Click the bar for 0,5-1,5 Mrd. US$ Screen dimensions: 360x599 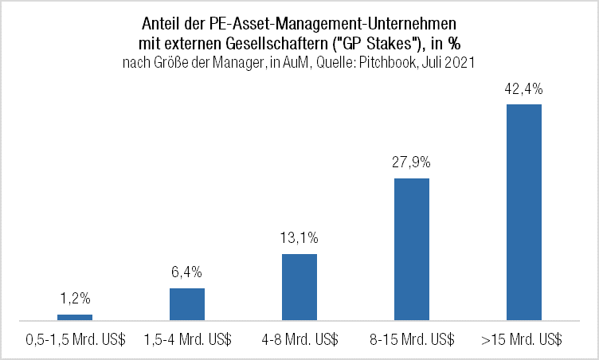(x=75, y=318)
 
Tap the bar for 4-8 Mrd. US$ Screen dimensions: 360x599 (x=299, y=288)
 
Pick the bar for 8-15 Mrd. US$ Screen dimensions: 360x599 (x=412, y=249)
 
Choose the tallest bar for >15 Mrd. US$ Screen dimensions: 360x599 (x=524, y=212)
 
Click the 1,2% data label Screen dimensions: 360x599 (x=75, y=299)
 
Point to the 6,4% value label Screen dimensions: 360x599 (x=187, y=272)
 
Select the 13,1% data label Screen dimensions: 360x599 (x=299, y=238)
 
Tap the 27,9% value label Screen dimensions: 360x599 (x=412, y=162)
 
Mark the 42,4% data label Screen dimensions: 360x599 (x=524, y=88)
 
